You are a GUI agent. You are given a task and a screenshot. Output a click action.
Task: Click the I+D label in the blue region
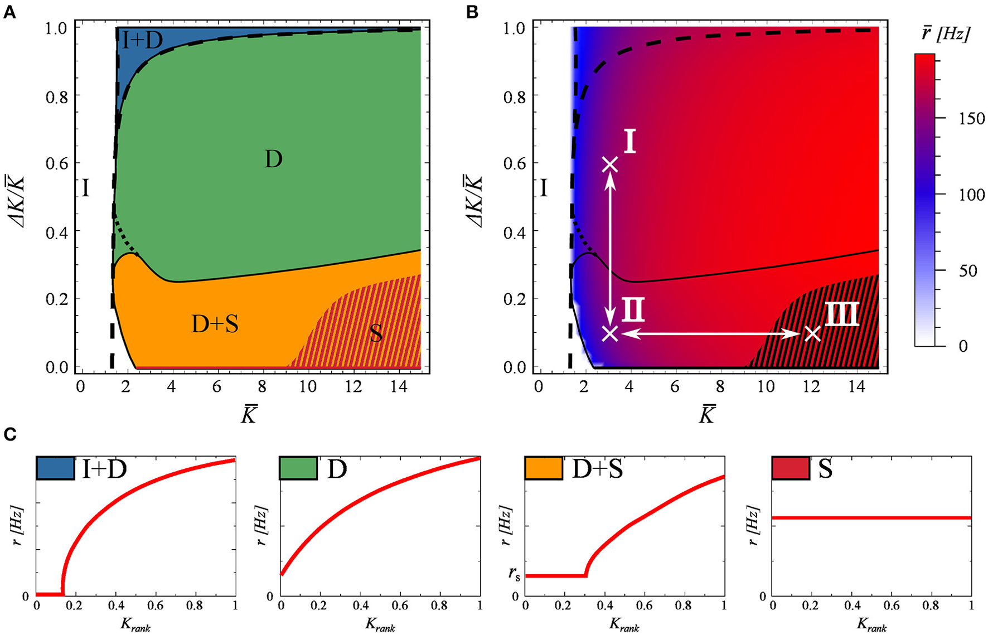(x=142, y=40)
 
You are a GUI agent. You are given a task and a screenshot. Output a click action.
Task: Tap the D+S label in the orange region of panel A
(x=215, y=324)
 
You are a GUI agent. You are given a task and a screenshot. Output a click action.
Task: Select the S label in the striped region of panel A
(x=376, y=333)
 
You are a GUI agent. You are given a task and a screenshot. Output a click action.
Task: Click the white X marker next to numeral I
(x=611, y=164)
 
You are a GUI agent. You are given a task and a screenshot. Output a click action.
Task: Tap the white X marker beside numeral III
(x=813, y=334)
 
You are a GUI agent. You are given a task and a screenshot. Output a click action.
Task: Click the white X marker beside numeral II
(x=611, y=334)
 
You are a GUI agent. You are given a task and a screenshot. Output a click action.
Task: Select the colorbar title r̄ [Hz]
(x=947, y=35)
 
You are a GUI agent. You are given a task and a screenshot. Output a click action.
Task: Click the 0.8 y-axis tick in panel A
(x=56, y=96)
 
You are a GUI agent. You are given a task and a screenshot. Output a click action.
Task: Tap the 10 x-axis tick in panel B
(x=766, y=386)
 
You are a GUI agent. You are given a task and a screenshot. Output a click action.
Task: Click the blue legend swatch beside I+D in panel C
(x=55, y=468)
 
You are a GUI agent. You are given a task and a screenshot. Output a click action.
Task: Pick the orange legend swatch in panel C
(x=544, y=468)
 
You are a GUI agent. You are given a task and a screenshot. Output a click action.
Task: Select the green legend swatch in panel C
(x=298, y=468)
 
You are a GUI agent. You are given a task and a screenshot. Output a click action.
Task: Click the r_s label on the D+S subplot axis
(x=514, y=574)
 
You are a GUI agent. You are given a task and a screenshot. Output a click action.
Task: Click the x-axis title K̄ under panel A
(x=249, y=415)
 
